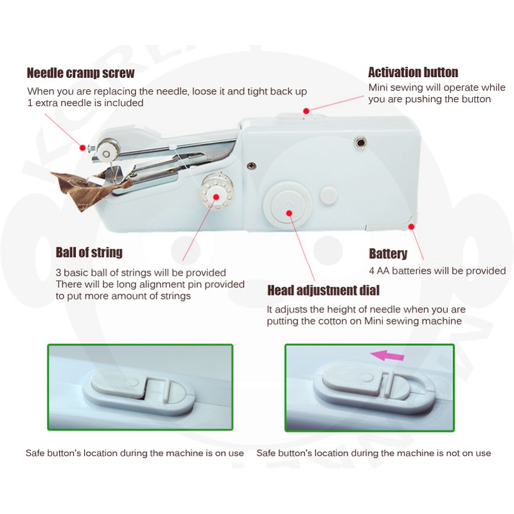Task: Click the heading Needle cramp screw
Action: click(81, 73)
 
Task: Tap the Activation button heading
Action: click(413, 72)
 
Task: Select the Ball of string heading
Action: click(89, 253)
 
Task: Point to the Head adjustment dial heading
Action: click(323, 290)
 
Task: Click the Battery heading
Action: click(388, 254)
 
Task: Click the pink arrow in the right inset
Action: click(387, 355)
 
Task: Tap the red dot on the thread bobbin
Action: click(216, 197)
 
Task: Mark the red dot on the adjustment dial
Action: click(289, 213)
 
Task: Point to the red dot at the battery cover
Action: click(411, 227)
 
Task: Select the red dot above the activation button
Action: click(306, 111)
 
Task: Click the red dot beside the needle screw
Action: click(83, 148)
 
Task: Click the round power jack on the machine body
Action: click(360, 143)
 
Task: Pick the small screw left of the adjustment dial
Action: click(251, 166)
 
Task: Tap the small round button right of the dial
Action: click(328, 195)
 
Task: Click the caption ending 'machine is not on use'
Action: click(374, 454)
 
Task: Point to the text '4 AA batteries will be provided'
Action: click(438, 270)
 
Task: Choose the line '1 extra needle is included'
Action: click(85, 103)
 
